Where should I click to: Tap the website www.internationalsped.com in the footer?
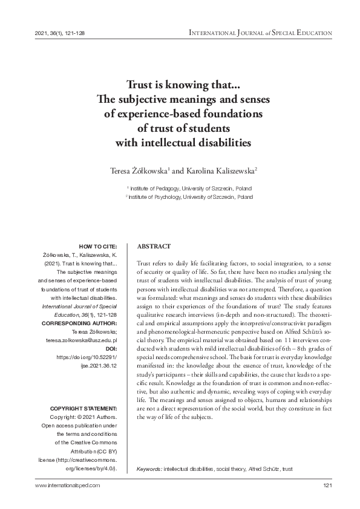pyautogui.click(x=68, y=485)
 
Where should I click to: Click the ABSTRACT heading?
pyautogui.click(x=154, y=247)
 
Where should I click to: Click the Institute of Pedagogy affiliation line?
pyautogui.click(x=189, y=189)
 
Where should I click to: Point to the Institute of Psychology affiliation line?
pyautogui.click(x=190, y=197)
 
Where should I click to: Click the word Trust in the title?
pyautogui.click(x=139, y=85)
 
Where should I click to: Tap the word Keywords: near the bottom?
pyautogui.click(x=149, y=469)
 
